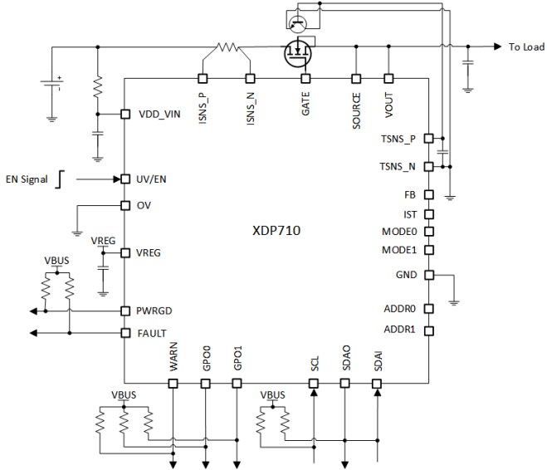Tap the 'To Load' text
tap(526, 47)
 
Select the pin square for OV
tap(124, 205)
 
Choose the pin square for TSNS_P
tap(428, 137)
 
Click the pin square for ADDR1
tap(428, 330)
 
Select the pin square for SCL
tap(314, 383)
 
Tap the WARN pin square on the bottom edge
tap(173, 383)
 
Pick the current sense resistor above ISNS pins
tap(226, 47)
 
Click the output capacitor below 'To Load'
tap(468, 62)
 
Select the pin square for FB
tap(428, 195)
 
